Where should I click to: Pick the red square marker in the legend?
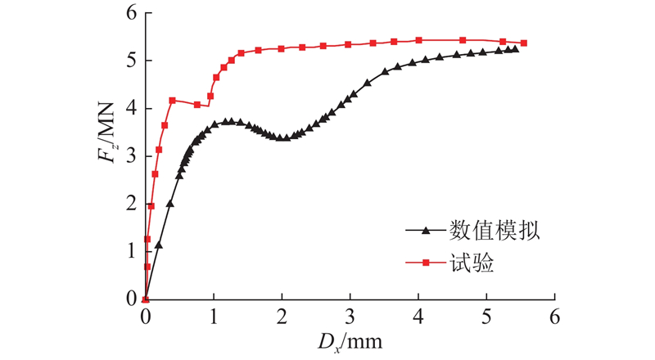[x=425, y=263]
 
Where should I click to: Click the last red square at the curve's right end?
[x=523, y=43]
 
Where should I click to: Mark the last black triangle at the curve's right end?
[x=515, y=49]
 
